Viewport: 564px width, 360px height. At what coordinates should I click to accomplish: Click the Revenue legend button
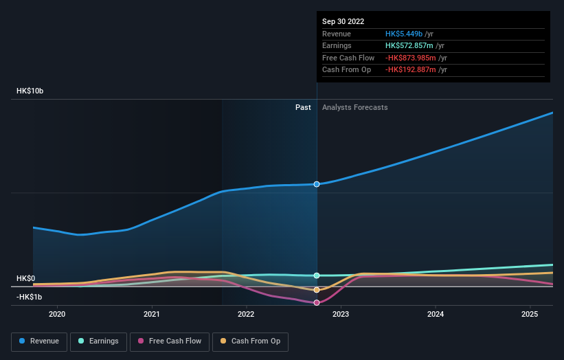pyautogui.click(x=39, y=341)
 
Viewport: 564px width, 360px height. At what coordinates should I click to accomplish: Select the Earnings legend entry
pyautogui.click(x=98, y=341)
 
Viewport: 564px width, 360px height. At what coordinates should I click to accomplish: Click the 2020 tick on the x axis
pyautogui.click(x=57, y=314)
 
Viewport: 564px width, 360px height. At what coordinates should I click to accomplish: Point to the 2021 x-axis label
pyautogui.click(x=152, y=314)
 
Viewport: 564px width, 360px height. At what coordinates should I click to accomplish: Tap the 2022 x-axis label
pyautogui.click(x=246, y=314)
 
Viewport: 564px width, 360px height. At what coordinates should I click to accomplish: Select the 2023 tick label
pyautogui.click(x=341, y=314)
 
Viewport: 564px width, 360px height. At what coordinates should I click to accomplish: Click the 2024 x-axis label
pyautogui.click(x=435, y=314)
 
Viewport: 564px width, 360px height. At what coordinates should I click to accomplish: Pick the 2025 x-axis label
pyautogui.click(x=530, y=314)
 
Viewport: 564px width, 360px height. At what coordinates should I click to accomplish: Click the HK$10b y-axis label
pyautogui.click(x=30, y=91)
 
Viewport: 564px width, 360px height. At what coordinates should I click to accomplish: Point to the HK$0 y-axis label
pyautogui.click(x=25, y=278)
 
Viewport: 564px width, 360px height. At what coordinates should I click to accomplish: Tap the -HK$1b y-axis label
pyautogui.click(x=29, y=297)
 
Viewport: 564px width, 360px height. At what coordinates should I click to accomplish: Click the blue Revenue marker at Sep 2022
pyautogui.click(x=317, y=184)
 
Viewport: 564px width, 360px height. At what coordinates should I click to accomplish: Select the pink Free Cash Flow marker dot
pyautogui.click(x=317, y=303)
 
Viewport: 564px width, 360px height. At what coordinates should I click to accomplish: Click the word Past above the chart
pyautogui.click(x=303, y=107)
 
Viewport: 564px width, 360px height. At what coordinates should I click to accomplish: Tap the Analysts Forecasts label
pyautogui.click(x=354, y=107)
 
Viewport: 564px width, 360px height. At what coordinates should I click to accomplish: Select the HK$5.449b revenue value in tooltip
pyautogui.click(x=405, y=34)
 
